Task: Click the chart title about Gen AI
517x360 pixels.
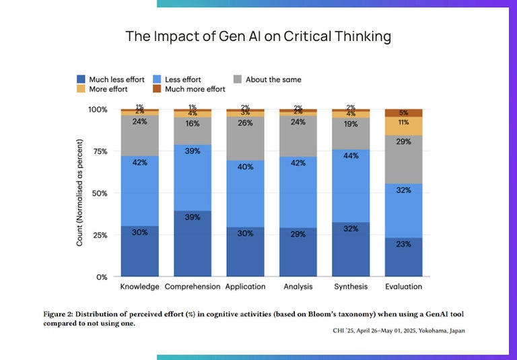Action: (258, 36)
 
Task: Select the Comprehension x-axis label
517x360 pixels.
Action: (193, 287)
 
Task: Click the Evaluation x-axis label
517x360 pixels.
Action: (403, 287)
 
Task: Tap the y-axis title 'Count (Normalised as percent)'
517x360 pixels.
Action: (79, 192)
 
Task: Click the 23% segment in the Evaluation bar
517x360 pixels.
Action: (403, 256)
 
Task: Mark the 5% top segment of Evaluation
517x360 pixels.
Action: (403, 113)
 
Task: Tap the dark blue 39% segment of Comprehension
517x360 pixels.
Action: (193, 244)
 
